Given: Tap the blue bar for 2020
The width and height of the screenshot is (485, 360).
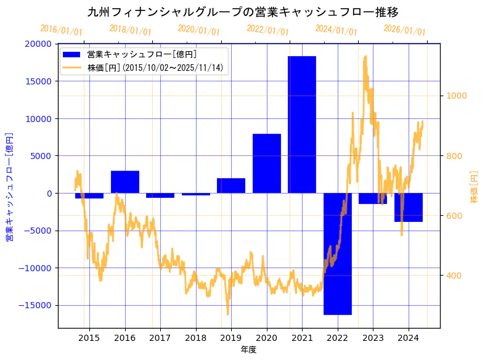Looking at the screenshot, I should [x=267, y=163].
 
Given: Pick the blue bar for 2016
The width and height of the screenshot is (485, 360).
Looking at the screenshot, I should [x=125, y=182].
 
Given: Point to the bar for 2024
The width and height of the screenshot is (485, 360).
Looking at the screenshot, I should [x=409, y=207].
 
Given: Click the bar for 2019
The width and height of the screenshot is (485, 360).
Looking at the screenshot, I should [x=231, y=186].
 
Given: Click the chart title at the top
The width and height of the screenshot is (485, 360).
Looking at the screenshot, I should [x=243, y=12].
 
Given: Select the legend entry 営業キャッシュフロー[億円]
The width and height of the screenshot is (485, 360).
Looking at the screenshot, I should [x=142, y=55].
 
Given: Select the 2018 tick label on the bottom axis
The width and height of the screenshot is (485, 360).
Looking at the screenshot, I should [x=196, y=338].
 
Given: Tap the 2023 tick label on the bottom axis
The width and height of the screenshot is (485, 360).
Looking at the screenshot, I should [x=373, y=338].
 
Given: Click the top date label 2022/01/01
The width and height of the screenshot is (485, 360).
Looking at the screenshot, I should [x=267, y=30].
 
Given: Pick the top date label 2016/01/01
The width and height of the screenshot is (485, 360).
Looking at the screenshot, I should [x=61, y=30].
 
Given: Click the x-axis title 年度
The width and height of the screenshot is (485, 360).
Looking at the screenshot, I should [x=248, y=350].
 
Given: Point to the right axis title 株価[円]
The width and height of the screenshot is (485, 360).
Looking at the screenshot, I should [x=474, y=187].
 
